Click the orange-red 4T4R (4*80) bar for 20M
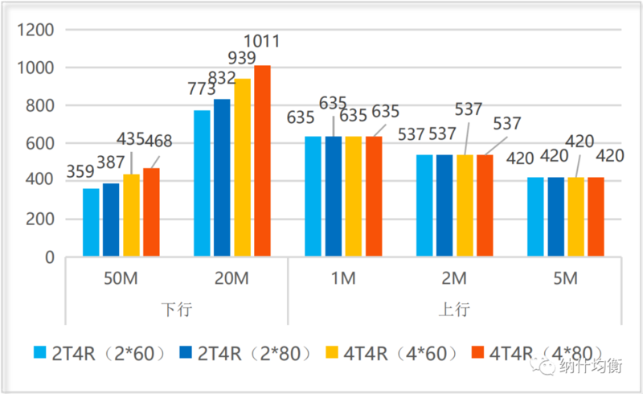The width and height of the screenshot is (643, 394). pos(262,161)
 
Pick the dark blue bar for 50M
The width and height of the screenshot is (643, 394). pos(111,220)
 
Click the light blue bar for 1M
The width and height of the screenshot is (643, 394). pos(312,197)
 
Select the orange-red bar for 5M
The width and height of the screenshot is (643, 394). pos(595,217)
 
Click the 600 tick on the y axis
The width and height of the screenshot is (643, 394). pos(40,144)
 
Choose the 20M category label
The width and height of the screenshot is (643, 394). pos(231,279)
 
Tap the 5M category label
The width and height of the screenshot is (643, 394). pos(567,279)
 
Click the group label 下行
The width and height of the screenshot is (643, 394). pos(176,310)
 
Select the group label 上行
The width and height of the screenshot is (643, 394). pos(455,310)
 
